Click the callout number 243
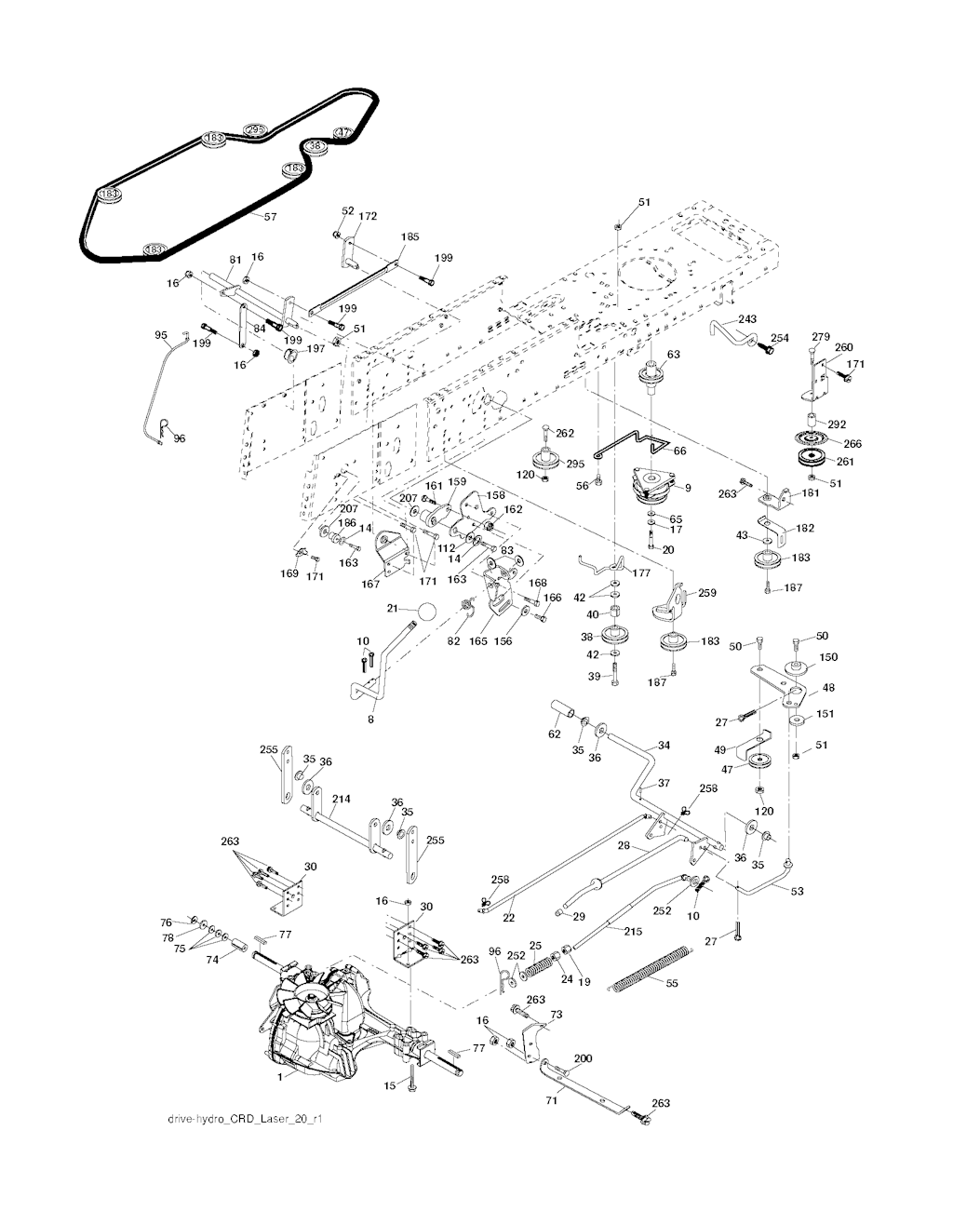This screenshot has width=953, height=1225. coord(747,320)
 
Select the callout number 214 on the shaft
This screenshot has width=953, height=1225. coord(342,799)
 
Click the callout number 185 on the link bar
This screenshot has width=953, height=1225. coord(410,237)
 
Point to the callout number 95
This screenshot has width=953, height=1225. coord(161,334)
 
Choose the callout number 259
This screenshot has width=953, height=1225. coord(707,592)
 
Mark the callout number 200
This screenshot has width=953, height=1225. coord(583,1059)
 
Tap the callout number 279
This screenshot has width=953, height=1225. coord(820,336)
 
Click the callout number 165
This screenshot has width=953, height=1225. coord(478,641)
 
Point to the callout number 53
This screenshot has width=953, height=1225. coord(797,892)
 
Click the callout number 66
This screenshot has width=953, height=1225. coord(679,450)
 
